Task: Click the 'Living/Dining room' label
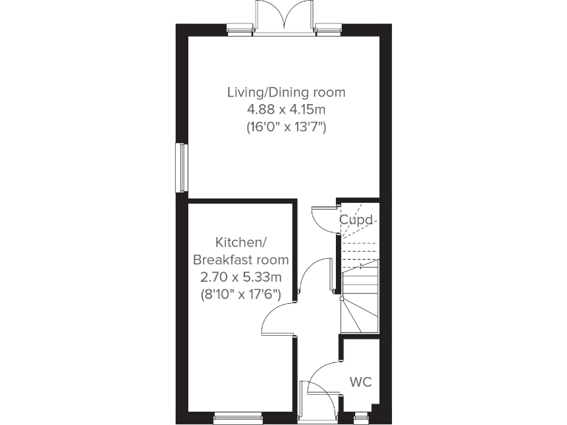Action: (286, 93)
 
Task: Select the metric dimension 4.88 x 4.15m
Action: (286, 110)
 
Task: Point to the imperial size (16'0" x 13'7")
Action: (286, 127)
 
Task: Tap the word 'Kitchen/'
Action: (239, 242)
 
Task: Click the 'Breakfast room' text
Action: (241, 260)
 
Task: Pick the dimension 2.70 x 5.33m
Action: (241, 277)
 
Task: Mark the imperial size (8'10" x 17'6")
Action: (241, 294)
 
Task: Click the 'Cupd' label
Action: (355, 220)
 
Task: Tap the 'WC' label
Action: (360, 382)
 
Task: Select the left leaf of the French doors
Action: (268, 15)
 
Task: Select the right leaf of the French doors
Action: (300, 15)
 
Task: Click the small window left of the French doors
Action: (240, 30)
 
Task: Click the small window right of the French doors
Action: (327, 30)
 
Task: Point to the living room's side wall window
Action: (181, 167)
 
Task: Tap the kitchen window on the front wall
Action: (238, 418)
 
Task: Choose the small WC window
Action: (361, 418)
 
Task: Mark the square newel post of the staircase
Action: (340, 298)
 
